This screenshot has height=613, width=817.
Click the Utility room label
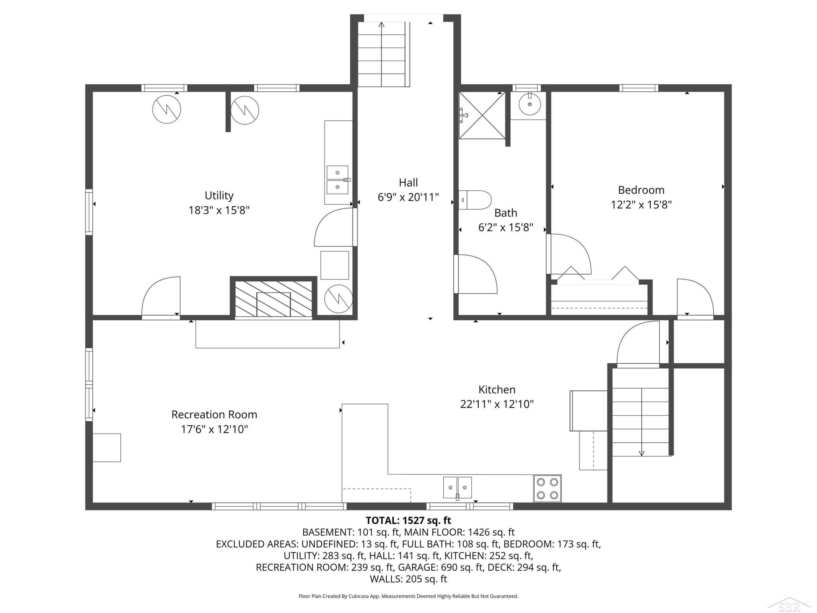[x=219, y=195]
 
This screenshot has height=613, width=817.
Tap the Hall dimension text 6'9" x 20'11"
[x=408, y=197]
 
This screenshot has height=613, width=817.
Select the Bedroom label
[x=641, y=190]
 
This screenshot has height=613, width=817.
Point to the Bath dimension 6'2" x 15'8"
[x=506, y=227]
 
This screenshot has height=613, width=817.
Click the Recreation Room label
[x=214, y=415]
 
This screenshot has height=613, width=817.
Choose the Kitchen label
[x=497, y=389]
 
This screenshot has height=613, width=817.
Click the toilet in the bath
[x=475, y=200]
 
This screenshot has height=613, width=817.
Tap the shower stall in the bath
[x=482, y=115]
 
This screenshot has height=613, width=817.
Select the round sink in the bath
[x=530, y=104]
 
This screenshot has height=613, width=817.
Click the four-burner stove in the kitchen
[x=547, y=488]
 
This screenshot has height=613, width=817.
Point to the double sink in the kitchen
[x=457, y=488]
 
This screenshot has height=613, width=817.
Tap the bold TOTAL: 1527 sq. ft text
[x=408, y=520]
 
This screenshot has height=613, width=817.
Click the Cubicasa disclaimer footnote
[x=408, y=596]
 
